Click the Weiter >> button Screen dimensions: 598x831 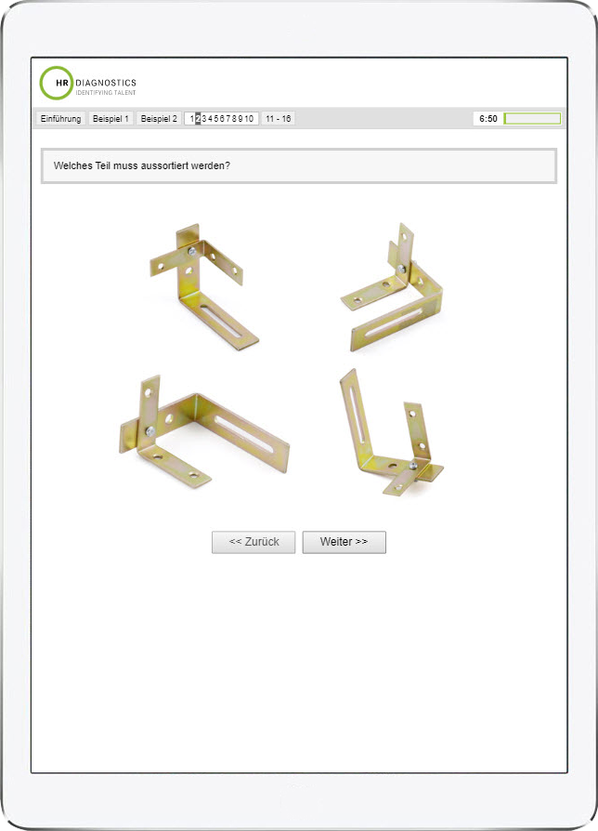[344, 542]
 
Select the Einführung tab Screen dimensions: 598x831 [61, 119]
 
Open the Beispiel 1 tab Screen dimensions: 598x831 [110, 119]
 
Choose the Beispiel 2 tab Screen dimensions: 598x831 [159, 119]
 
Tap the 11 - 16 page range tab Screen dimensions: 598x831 [279, 119]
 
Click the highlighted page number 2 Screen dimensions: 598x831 [198, 119]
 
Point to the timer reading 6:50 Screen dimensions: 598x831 [488, 119]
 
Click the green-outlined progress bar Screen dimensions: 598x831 [532, 118]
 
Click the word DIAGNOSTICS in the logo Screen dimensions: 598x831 [106, 83]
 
